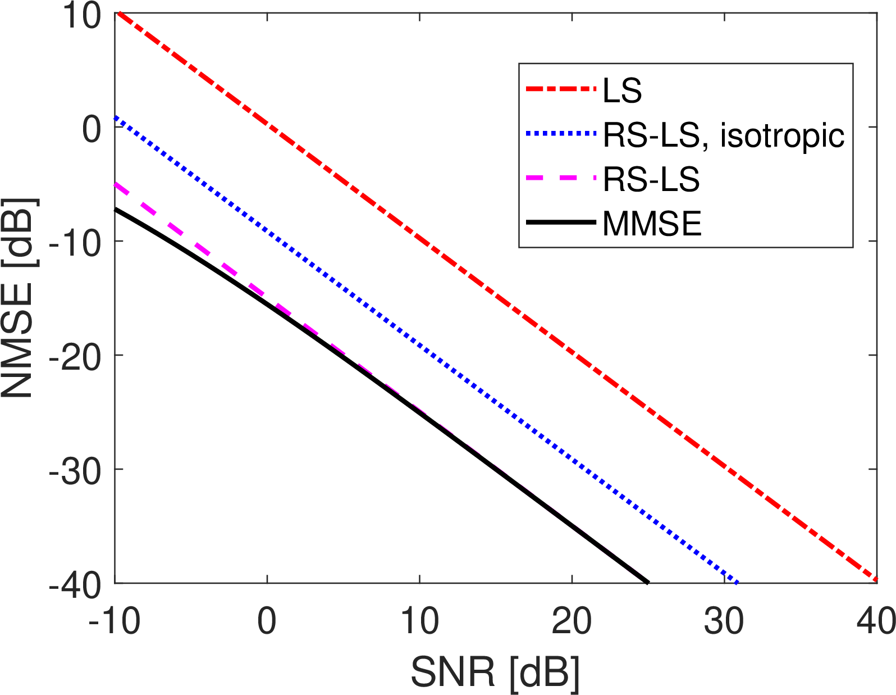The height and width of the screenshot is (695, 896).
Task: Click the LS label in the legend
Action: (x=622, y=90)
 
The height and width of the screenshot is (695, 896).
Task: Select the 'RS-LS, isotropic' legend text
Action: (x=723, y=135)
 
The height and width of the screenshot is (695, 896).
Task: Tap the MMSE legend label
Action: (x=652, y=224)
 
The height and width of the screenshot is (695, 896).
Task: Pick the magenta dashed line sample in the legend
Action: (x=560, y=179)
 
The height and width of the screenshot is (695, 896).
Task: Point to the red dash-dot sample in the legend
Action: (x=560, y=89)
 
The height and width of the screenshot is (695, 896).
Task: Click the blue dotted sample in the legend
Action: (x=560, y=134)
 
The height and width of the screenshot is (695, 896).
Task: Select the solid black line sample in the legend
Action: (x=560, y=223)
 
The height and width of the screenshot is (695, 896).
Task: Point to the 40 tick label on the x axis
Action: (x=876, y=621)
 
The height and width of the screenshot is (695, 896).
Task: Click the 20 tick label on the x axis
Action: (x=572, y=621)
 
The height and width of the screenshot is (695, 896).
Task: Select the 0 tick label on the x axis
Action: (x=267, y=621)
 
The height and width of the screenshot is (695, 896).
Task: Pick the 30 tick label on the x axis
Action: (x=724, y=621)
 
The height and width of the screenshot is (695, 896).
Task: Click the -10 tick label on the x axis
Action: (x=115, y=621)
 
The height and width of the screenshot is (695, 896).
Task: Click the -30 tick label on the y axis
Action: (x=76, y=470)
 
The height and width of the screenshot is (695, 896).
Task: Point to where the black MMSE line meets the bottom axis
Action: (x=648, y=583)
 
